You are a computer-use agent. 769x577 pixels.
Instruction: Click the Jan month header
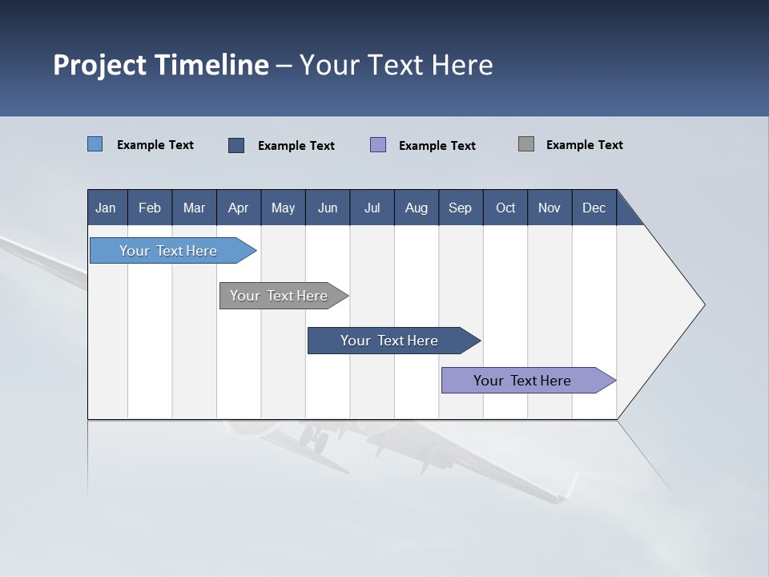pos(106,208)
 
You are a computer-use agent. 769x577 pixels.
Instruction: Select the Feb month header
pos(150,208)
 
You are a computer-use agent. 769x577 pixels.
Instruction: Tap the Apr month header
pos(238,208)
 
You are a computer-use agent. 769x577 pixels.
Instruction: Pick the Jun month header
pos(328,208)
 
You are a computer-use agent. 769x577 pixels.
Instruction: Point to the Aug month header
pos(416,208)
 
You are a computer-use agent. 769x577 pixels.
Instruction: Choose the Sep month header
pos(460,208)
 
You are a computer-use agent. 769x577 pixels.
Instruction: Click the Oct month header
pos(505,208)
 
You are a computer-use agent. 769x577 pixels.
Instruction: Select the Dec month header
pos(594,208)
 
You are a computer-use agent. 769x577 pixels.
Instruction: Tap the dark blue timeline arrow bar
pos(390,341)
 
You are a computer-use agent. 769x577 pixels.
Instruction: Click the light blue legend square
pos(95,144)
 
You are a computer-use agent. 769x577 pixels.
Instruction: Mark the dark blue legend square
pos(236,145)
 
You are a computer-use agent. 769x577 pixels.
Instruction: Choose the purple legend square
pos(378,145)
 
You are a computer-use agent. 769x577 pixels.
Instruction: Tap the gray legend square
pos(526,144)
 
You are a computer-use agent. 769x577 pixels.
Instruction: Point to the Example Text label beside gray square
pos(584,145)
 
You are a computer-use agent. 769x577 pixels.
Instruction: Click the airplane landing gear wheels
pos(314,439)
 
